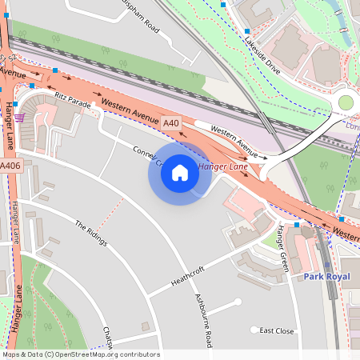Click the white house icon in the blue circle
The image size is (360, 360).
tap(180, 173)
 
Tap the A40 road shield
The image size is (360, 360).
tap(170, 123)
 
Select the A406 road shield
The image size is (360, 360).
tap(10, 166)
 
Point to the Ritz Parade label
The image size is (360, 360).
tap(73, 98)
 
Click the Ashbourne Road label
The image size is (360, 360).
tap(205, 320)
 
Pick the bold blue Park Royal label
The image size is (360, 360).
tap(326, 276)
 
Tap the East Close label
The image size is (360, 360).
tap(277, 330)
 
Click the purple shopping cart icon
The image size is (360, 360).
tap(18, 118)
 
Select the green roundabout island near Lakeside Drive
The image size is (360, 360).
tap(346, 102)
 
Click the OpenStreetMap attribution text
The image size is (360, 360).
tap(80, 354)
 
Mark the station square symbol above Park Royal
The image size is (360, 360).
tap(326, 265)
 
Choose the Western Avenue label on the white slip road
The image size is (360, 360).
tap(234, 141)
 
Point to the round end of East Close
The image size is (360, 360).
tap(254, 330)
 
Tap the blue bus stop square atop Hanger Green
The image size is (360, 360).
tap(296, 225)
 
